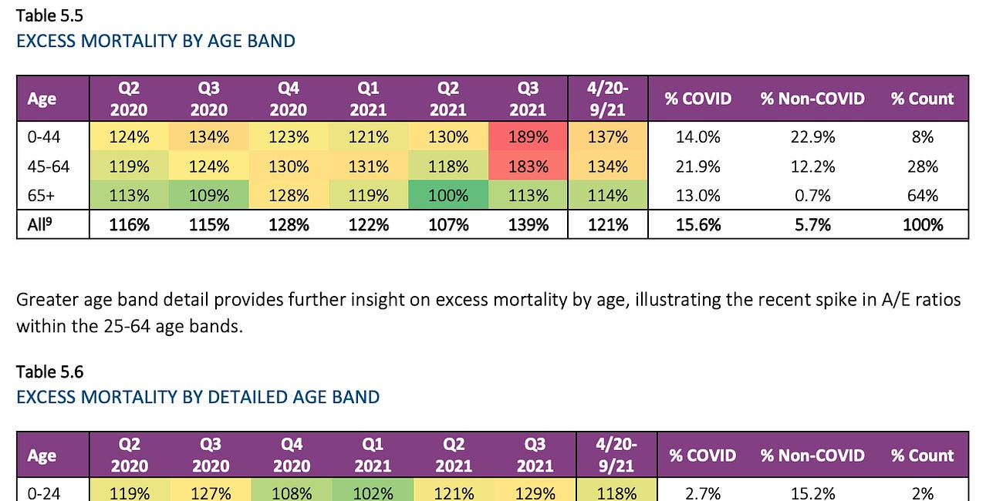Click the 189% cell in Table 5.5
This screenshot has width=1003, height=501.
[x=529, y=137]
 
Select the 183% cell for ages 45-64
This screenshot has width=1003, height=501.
[x=529, y=166]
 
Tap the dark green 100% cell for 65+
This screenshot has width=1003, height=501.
[x=448, y=196]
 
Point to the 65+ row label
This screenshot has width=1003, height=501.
[x=40, y=196]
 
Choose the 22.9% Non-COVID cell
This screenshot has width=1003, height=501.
[x=812, y=137]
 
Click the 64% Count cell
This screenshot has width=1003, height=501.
[x=922, y=196]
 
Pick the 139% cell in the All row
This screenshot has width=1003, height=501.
[x=529, y=224]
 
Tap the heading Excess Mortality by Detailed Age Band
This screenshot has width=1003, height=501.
[x=198, y=397]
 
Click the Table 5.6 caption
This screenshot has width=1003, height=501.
[x=49, y=372]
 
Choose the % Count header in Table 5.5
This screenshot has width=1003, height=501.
[x=922, y=99]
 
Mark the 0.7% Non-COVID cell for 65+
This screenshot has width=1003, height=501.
[x=812, y=196]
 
